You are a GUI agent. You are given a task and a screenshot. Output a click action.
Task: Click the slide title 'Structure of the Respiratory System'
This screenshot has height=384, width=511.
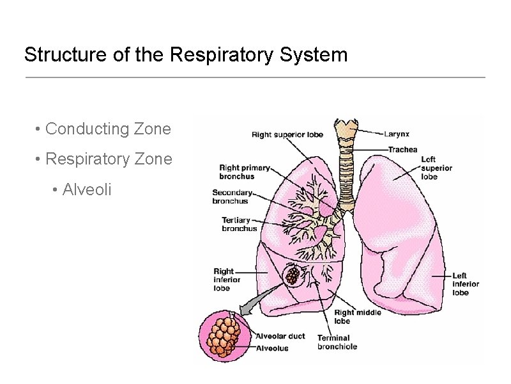[186, 54]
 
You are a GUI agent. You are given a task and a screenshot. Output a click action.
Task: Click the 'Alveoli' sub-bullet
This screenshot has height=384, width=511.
[86, 189]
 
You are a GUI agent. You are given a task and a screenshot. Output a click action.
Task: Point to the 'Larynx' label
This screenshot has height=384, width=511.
[397, 134]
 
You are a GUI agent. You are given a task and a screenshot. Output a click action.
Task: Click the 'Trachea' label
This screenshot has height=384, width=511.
[402, 149]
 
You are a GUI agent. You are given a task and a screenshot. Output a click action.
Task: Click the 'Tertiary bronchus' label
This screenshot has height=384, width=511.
[239, 224]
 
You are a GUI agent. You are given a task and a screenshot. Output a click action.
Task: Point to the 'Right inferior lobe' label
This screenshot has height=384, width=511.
[227, 280]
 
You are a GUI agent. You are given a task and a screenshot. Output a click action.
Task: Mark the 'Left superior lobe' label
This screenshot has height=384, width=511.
[436, 168]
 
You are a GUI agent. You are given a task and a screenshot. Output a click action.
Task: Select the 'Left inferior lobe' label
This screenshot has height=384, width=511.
[466, 284]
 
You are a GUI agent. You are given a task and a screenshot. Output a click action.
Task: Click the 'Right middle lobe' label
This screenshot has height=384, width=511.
[357, 316]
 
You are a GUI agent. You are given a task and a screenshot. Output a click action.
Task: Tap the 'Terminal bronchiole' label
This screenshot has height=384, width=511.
[337, 342]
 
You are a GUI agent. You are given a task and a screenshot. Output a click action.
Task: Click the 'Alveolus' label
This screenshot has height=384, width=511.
[272, 348]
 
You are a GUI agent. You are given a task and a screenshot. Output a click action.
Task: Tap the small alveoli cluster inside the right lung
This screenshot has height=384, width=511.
[293, 275]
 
